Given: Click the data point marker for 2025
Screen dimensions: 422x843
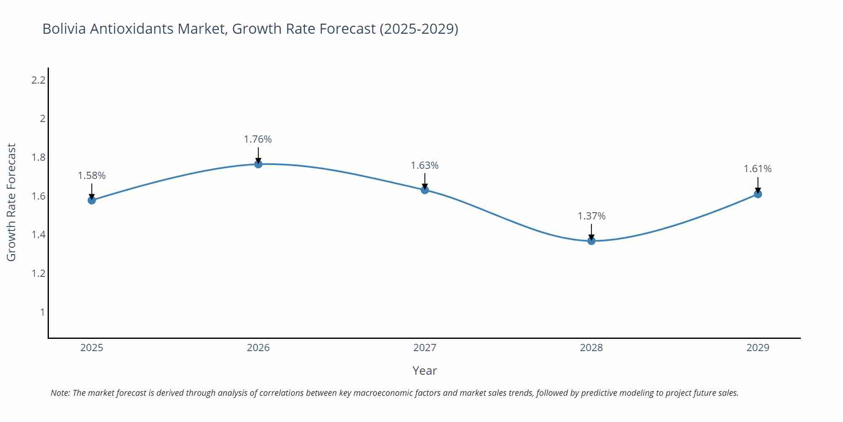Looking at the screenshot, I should point(91,200).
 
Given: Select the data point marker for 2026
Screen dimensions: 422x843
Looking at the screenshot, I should point(258,164).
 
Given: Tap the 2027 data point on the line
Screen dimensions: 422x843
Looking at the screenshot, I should point(424,190).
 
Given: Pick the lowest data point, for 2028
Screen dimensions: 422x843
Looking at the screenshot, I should point(591,241).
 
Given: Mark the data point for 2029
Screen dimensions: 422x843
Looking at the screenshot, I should point(757,194).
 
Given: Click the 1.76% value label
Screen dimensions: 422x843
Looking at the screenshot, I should point(258,139).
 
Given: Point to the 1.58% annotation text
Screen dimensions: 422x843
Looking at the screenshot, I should point(91,176).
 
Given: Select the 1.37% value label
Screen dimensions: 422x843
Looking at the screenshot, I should point(591,216).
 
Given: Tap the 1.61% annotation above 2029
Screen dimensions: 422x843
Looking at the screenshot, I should point(757,169).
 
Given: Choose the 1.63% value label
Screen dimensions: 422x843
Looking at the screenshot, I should point(424,165).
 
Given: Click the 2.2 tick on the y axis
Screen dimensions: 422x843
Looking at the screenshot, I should point(38,80).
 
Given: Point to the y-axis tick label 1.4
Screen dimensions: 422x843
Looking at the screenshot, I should point(38,235).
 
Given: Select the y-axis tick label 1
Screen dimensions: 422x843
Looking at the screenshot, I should point(42,312).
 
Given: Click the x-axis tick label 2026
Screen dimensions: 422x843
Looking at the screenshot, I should point(258,348).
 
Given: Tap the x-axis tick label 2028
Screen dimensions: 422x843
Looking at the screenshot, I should point(591,348).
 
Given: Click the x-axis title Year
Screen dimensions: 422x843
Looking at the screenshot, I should point(424,371).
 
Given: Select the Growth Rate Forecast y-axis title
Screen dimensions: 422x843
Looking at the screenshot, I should point(11,202).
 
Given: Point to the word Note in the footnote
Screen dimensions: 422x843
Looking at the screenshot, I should point(60,393).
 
